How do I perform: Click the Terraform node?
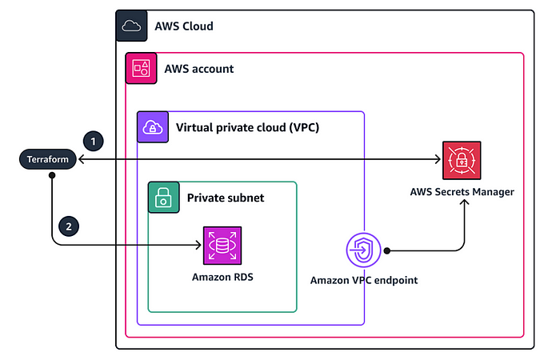[49, 160]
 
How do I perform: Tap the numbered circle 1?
[95, 141]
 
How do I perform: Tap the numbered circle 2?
[69, 226]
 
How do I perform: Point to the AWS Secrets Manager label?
[462, 192]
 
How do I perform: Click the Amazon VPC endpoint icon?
[363, 251]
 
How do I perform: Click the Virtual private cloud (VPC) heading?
[247, 127]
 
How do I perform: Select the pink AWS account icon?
[141, 69]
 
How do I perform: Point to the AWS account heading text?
[199, 69]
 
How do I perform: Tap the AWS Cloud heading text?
[184, 26]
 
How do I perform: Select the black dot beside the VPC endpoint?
[386, 250]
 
